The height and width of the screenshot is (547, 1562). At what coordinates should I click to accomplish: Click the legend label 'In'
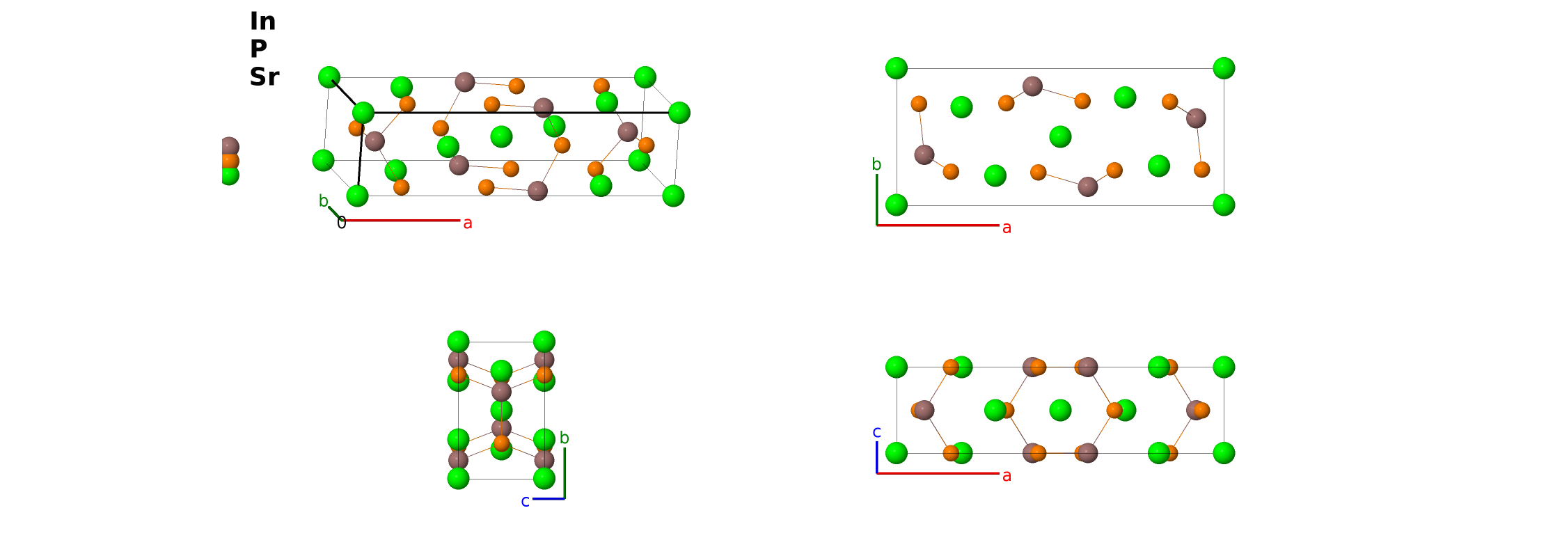262,22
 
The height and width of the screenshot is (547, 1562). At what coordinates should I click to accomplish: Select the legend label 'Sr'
265,77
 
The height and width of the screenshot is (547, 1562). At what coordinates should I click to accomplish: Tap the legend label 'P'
258,49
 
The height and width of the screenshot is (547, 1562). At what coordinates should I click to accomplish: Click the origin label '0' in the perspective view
341,223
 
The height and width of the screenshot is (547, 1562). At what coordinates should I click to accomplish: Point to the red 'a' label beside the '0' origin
468,223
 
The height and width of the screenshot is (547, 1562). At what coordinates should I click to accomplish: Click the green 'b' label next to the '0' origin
323,201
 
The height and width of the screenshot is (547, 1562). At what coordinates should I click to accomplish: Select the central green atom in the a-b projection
1060,136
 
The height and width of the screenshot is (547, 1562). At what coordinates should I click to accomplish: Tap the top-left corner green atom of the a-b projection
897,68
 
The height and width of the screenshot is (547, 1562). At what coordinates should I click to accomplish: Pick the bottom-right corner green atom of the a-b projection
1224,205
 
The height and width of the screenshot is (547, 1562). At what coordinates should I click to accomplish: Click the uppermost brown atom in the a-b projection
1032,86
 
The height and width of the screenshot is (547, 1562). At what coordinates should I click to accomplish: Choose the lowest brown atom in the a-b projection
1087,187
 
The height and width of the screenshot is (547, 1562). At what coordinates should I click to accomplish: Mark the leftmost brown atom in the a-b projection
924,154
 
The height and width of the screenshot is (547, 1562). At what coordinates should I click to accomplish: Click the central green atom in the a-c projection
1060,410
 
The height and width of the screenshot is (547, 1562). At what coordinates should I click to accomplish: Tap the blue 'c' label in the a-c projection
876,432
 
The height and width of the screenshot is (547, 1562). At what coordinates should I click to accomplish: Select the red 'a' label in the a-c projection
1007,476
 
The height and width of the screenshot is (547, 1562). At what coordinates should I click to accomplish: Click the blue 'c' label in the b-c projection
526,501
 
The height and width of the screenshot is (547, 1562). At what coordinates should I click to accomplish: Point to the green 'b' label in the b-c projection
565,438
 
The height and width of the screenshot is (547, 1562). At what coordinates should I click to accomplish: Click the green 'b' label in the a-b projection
876,164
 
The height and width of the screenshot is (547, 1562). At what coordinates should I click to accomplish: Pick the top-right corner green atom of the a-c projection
1224,367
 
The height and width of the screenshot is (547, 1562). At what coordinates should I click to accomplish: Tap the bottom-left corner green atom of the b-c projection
458,478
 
